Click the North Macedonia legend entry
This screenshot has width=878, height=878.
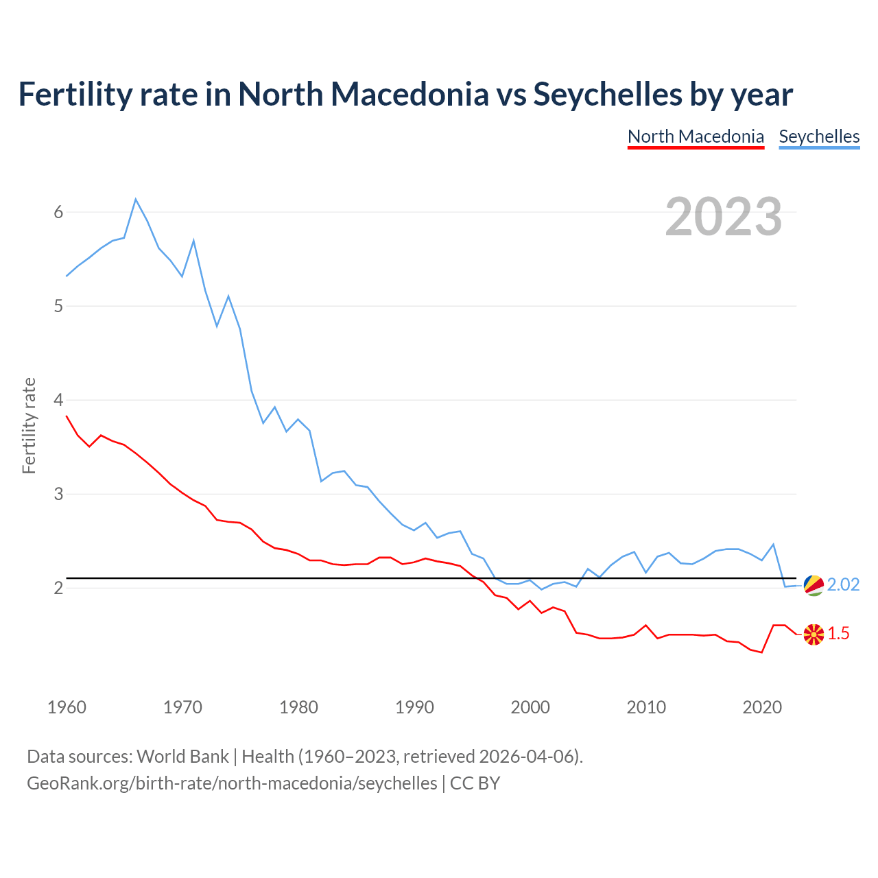[696, 137]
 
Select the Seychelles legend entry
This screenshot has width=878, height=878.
[819, 137]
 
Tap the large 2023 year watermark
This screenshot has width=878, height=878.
[723, 217]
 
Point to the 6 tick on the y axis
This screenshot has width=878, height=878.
[58, 212]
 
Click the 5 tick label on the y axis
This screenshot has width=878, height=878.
[58, 306]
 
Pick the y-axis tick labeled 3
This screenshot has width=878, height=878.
[58, 494]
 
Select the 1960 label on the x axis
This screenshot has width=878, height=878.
[67, 707]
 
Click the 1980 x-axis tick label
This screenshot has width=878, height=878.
[298, 707]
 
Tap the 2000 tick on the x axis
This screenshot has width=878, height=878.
[530, 707]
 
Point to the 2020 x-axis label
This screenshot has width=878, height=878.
[762, 707]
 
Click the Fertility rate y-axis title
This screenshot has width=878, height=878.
[29, 425]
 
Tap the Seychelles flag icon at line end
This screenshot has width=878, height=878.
[814, 585]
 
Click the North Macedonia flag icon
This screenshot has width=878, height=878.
[814, 634]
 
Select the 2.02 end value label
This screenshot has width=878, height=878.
[843, 584]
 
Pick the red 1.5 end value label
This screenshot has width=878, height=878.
[838, 634]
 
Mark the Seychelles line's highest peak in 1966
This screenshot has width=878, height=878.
[136, 199]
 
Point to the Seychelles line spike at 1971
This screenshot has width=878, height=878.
[194, 240]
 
